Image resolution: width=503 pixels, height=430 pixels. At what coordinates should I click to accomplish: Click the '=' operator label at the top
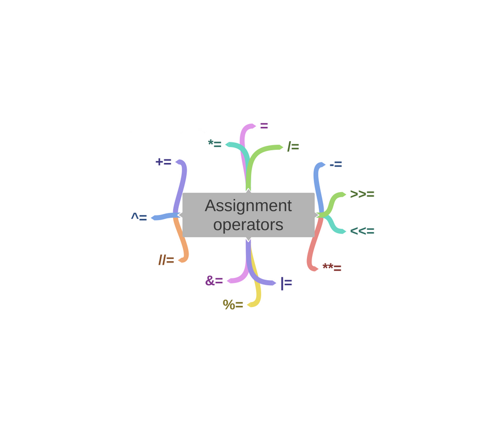click(x=264, y=126)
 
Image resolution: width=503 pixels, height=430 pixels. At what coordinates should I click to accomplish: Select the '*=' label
click(x=215, y=144)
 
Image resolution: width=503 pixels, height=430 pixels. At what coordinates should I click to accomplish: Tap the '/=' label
click(x=293, y=147)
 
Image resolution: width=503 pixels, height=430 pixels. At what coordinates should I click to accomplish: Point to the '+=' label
click(x=163, y=162)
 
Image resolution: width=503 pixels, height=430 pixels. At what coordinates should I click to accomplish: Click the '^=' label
click(x=139, y=217)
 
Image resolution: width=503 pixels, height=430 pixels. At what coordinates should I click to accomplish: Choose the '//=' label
click(x=166, y=260)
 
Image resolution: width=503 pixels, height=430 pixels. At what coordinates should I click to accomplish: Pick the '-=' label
click(x=336, y=165)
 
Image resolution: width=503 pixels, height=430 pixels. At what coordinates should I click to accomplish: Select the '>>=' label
click(x=362, y=194)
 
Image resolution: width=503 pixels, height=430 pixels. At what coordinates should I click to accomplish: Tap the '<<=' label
click(x=362, y=231)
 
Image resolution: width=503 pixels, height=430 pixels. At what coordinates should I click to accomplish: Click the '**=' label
click(x=332, y=268)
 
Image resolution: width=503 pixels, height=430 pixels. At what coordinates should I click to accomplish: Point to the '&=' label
click(x=214, y=281)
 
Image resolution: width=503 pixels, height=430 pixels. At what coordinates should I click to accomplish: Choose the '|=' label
click(x=286, y=283)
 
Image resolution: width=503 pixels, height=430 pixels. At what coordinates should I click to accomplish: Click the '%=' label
click(x=233, y=305)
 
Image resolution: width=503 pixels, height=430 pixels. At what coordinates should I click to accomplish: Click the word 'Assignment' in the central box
click(x=248, y=205)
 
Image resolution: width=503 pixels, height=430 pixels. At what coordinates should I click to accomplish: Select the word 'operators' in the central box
click(x=248, y=225)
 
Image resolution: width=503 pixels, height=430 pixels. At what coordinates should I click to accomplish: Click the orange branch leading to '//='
click(x=183, y=243)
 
